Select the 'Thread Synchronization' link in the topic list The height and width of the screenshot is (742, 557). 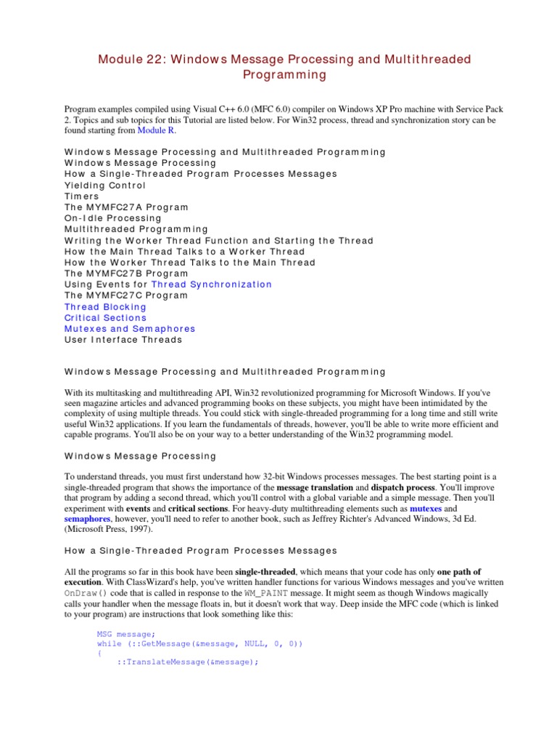pos(212,285)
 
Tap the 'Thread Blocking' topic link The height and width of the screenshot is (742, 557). pos(105,307)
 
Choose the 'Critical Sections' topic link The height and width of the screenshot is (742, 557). pos(105,318)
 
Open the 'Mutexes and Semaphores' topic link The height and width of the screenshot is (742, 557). pos(130,329)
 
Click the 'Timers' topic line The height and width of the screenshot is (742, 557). pos(82,196)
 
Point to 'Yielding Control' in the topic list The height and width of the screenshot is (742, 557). pos(105,185)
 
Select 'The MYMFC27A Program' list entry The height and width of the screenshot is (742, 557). pos(126,207)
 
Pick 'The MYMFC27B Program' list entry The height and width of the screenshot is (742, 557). pos(126,274)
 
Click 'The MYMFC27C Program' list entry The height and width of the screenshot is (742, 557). pos(126,296)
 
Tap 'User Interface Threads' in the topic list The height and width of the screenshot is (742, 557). pos(123,340)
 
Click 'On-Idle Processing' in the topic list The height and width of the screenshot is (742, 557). pos(112,218)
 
